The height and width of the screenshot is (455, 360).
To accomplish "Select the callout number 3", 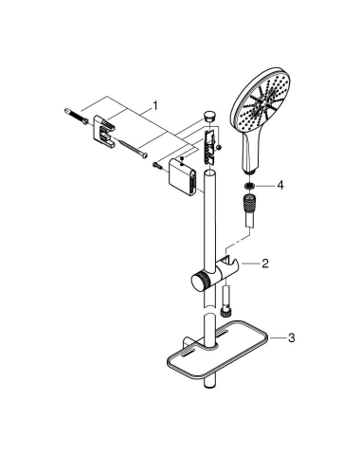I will click(290, 337).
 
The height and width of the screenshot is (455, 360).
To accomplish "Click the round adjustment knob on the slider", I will click(201, 282).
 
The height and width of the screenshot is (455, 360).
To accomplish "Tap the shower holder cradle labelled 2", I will click(230, 269).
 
